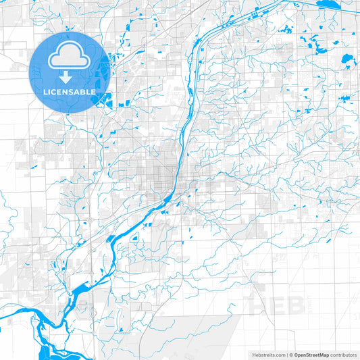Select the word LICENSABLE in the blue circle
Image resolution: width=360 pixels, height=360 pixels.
tap(70, 91)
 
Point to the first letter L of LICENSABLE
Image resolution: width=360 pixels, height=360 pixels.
tap(45, 91)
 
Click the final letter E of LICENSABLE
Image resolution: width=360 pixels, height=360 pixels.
tap(93, 91)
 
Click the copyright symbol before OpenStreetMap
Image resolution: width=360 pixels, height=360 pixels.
tap(291, 354)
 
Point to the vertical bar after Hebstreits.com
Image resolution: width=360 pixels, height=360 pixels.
tap(286, 354)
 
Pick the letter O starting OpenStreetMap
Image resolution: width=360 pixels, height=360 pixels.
tap(297, 354)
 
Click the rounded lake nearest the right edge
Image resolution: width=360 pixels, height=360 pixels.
tap(347, 59)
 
